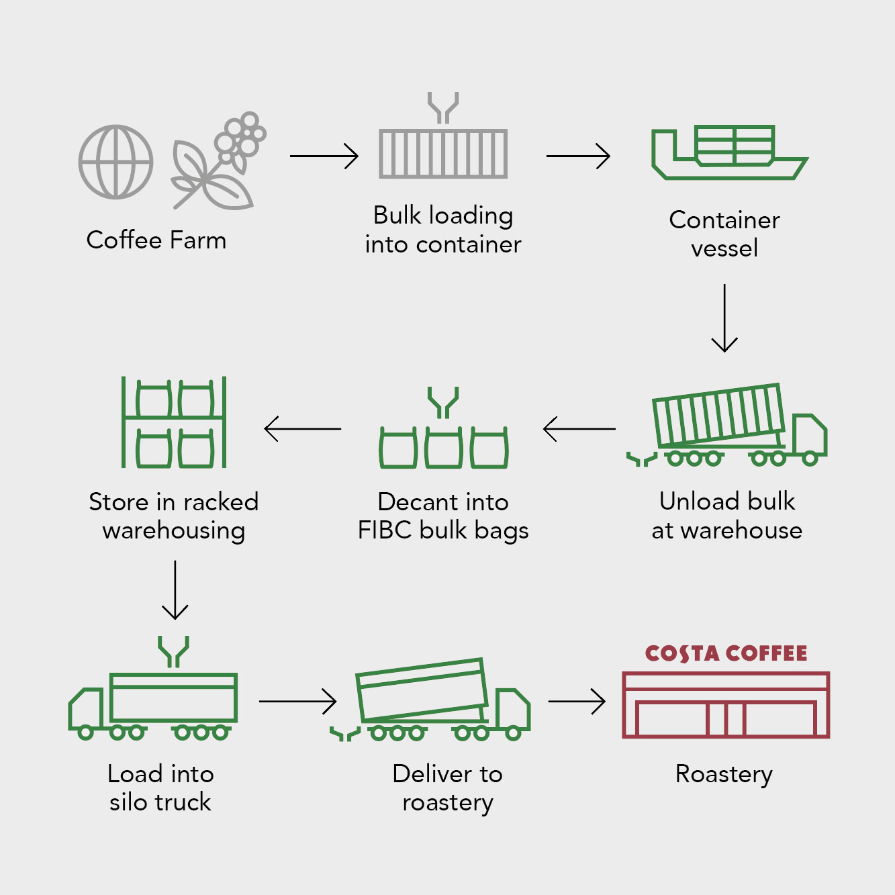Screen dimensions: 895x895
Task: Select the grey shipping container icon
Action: pyautogui.click(x=443, y=154)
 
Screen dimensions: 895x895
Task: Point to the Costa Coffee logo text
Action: pyautogui.click(x=726, y=653)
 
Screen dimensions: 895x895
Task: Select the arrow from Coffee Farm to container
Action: pyautogui.click(x=324, y=156)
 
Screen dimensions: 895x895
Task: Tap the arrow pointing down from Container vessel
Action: pyautogui.click(x=724, y=318)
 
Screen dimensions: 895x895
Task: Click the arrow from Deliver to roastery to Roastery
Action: pyautogui.click(x=577, y=701)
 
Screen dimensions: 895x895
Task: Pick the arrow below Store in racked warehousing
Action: pyautogui.click(x=175, y=590)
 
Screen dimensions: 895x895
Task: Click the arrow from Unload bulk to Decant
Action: pyautogui.click(x=579, y=428)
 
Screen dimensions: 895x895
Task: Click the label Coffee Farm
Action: pyautogui.click(x=156, y=240)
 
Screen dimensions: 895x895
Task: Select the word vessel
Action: pyautogui.click(x=724, y=248)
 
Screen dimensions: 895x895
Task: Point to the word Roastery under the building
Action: pyautogui.click(x=724, y=775)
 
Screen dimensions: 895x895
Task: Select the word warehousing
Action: pyautogui.click(x=174, y=531)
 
